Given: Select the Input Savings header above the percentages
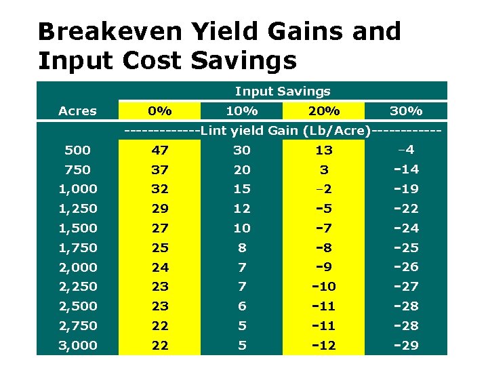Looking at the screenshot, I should coord(283,91).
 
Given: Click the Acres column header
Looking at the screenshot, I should coord(77,110).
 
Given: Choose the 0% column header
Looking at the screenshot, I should coord(160,110).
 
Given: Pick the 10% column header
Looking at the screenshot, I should coord(242,110).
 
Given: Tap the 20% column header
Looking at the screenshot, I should coord(324,110).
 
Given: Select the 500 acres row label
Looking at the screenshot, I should coord(77,150).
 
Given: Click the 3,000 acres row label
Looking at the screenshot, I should coord(77,345).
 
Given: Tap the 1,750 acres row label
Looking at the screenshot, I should coord(77,247).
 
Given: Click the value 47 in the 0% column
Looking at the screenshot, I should coord(160,150).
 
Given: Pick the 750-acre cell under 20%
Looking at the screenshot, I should coord(324,169).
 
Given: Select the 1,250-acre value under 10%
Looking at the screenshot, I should coord(242,208).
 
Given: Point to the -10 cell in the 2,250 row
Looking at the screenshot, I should coord(324,287).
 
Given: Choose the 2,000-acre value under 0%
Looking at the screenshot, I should coord(160,267).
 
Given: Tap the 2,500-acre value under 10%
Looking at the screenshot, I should coord(242,306).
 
